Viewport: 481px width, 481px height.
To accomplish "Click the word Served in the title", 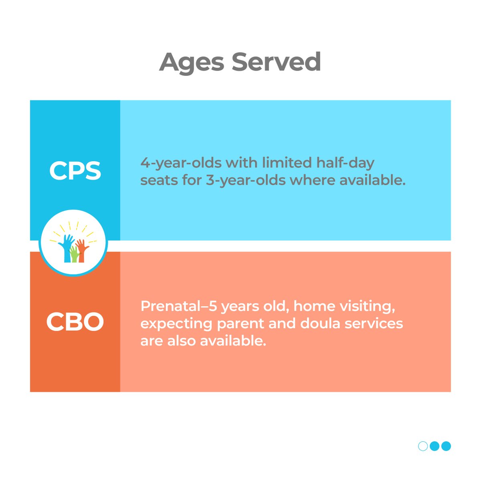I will pos(276,62).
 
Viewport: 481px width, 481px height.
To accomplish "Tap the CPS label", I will pos(75,171).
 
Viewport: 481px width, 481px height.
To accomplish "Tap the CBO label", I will pos(75,322).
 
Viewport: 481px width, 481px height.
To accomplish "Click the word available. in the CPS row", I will pos(372,180).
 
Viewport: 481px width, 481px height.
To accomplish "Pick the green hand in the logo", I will pos(74,255).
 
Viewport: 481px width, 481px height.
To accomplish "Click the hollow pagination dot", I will pos(423,446).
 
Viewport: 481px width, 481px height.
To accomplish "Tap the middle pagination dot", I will pos(435,446).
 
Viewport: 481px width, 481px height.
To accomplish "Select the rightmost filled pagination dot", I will pos(446,446).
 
